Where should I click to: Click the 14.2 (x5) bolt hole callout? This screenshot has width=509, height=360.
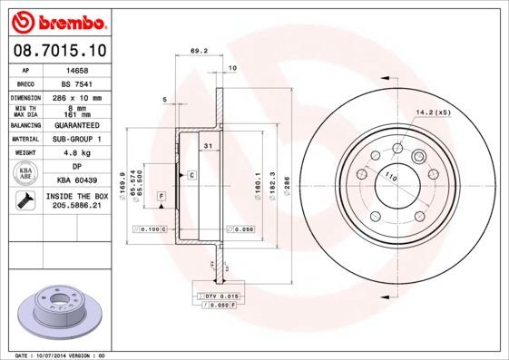433,112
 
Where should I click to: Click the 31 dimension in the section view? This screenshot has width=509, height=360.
208,146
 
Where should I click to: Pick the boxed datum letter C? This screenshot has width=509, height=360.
192,173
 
